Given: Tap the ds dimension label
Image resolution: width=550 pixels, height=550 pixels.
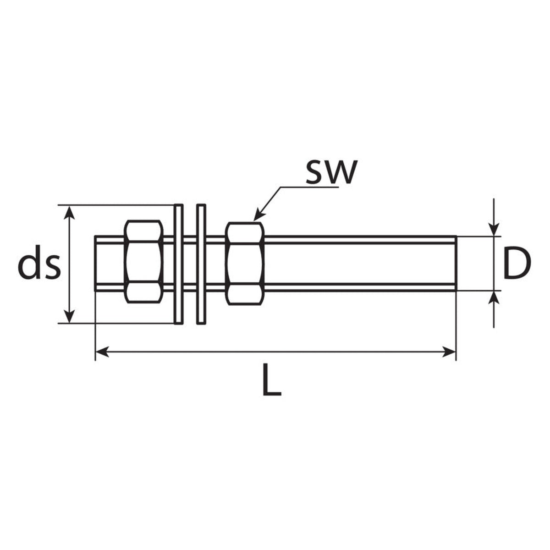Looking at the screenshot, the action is [x=39, y=266].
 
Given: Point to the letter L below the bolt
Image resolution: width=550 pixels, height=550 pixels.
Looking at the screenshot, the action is [x=272, y=379].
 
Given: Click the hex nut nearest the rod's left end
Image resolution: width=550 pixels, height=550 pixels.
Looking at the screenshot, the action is [x=143, y=261].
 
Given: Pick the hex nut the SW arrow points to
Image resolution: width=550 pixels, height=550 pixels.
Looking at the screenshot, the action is [x=245, y=264].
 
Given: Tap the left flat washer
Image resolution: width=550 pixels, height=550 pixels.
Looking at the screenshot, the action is [x=179, y=264].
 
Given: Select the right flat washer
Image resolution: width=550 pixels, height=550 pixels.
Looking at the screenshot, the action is [x=201, y=264].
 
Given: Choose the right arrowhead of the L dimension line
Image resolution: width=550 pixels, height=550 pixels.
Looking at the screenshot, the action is [x=449, y=352].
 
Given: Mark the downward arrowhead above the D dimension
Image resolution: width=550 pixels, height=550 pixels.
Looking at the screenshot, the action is [x=494, y=230].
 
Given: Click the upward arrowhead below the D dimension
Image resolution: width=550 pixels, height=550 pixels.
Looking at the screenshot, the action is [x=494, y=298].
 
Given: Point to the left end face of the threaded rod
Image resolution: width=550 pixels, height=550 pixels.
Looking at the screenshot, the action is [x=95, y=264].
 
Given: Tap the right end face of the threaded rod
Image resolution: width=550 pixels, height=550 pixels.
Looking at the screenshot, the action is [x=456, y=264].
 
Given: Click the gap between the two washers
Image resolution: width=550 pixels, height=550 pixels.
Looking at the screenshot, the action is [x=190, y=264].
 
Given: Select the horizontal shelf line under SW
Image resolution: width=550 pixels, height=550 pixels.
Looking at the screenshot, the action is [x=309, y=187].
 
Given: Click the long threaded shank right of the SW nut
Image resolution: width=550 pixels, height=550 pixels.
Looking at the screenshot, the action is [x=360, y=264].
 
